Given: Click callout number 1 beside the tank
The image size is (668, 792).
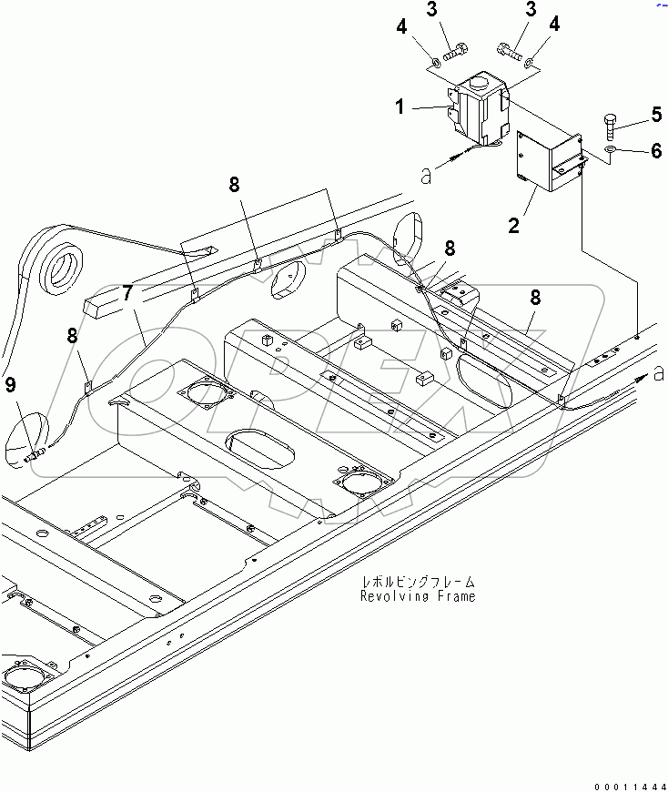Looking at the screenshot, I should click(x=400, y=108).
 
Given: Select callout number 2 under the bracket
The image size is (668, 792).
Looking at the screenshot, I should click(x=514, y=224).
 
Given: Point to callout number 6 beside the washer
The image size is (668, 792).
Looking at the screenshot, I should click(x=654, y=151).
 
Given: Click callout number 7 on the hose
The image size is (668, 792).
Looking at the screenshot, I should click(x=127, y=294).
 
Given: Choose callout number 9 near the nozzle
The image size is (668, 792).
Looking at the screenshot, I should click(x=10, y=385).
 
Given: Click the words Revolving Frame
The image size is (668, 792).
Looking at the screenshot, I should click(x=418, y=596).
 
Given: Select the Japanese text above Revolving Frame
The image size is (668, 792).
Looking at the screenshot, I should click(x=418, y=582).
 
